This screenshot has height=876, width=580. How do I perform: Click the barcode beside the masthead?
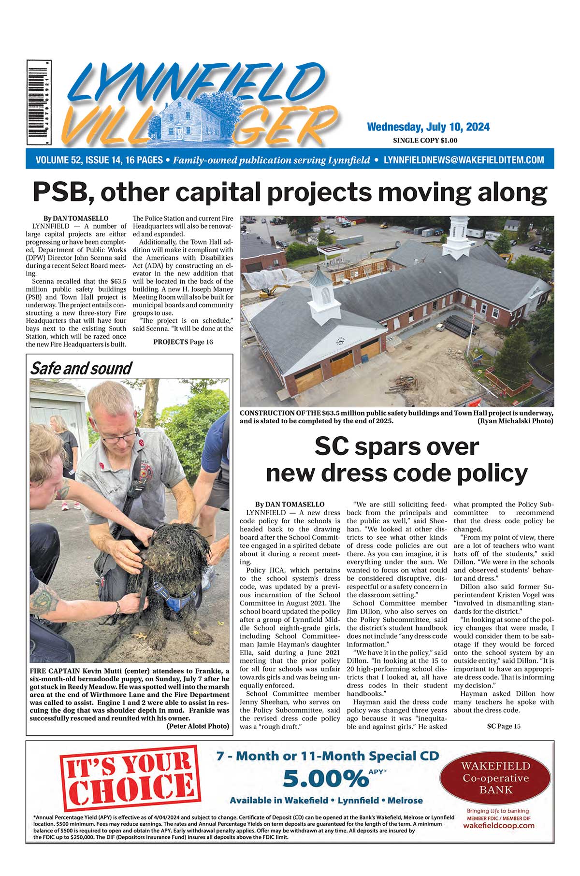(39, 102)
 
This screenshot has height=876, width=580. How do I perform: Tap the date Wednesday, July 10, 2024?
(428, 127)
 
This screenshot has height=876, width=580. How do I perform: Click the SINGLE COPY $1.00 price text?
(425, 141)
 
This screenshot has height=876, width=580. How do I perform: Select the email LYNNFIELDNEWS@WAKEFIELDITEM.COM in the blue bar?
(464, 160)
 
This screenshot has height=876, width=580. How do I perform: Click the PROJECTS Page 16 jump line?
(183, 342)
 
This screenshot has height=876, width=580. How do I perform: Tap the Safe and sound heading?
(81, 369)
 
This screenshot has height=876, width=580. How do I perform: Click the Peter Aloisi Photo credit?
(197, 726)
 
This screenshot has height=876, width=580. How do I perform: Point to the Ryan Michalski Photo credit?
(515, 421)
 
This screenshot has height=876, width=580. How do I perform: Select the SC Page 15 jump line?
(504, 726)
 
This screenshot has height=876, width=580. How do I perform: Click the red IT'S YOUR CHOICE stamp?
(130, 778)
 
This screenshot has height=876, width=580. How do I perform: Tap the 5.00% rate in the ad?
(325, 779)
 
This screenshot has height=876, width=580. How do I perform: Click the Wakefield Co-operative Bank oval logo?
(495, 777)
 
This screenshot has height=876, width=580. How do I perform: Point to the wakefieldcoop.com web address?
(498, 826)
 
